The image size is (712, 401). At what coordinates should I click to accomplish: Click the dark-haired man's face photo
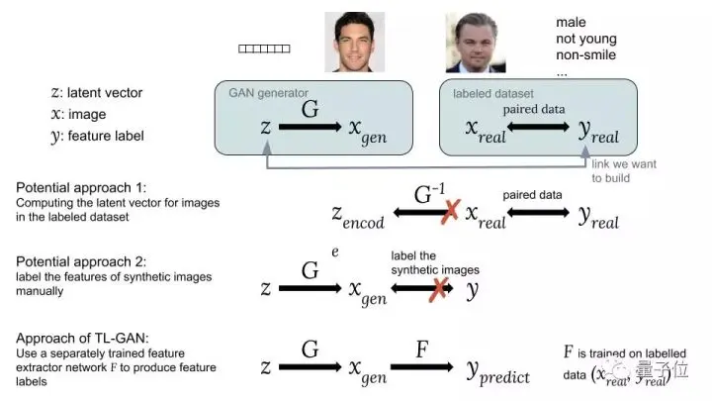click(354, 43)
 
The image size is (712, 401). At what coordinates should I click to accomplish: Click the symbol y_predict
click(498, 374)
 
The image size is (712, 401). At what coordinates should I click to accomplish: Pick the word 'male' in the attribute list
click(571, 22)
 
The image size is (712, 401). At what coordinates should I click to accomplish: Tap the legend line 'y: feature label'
click(97, 136)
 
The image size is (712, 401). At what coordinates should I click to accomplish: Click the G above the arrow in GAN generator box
click(310, 108)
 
